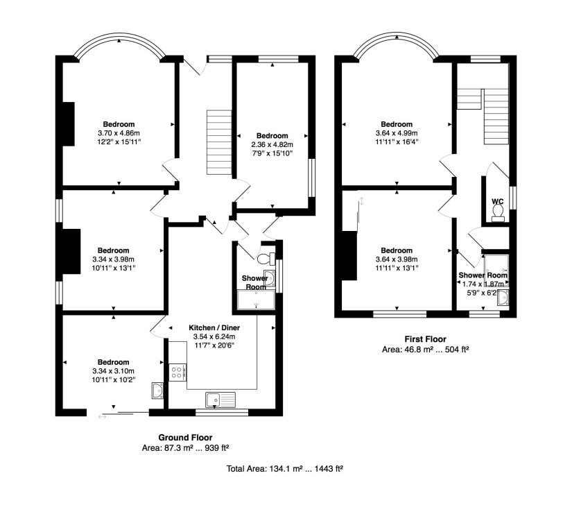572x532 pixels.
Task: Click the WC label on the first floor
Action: pos(498,201)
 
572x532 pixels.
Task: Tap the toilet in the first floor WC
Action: pos(498,213)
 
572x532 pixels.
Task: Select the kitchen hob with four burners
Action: pos(178,372)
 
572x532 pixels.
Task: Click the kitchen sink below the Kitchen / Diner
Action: pos(220,400)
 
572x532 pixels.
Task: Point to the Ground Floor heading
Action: pos(185,437)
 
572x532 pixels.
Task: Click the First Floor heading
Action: pos(425,339)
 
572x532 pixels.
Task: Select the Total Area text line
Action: pos(284,468)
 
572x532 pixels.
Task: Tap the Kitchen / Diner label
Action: pos(214,327)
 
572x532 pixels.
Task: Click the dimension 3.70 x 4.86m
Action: pos(119,133)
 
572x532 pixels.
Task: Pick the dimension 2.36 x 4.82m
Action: pos(272,144)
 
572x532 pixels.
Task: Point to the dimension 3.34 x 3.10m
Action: pos(114,371)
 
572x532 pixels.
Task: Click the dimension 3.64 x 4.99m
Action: pos(397,133)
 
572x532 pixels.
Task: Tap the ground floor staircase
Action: pos(219,142)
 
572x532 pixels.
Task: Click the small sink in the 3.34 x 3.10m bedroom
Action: pos(157,391)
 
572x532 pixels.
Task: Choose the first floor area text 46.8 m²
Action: pos(415,350)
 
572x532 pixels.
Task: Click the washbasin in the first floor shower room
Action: pos(503,298)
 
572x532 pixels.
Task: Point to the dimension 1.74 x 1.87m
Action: pos(483,284)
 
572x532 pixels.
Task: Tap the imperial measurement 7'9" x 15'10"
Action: pos(272,153)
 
